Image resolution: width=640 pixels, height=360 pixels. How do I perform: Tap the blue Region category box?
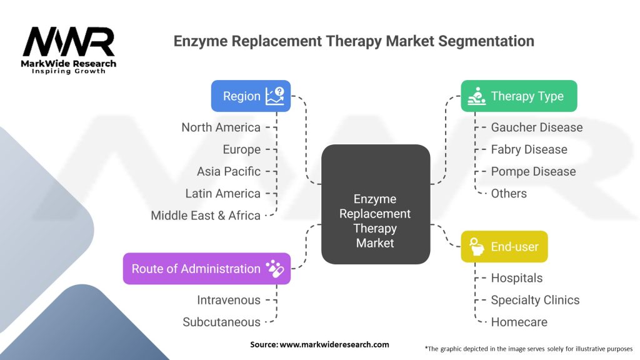click(251, 96)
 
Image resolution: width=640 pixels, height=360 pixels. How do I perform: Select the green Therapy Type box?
click(519, 96)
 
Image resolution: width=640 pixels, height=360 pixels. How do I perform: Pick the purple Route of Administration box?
click(207, 269)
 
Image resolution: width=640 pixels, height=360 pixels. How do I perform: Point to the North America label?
click(221, 127)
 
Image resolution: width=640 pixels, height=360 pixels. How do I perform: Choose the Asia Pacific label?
click(228, 171)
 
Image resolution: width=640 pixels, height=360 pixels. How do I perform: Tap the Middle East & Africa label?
click(205, 216)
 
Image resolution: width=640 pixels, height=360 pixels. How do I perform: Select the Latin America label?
click(222, 194)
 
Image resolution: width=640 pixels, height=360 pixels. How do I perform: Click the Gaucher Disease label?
click(536, 127)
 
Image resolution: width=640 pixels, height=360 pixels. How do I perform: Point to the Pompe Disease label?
click(533, 171)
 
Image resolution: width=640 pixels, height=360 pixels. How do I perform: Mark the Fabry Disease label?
click(529, 149)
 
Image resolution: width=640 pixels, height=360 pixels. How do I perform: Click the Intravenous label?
click(228, 300)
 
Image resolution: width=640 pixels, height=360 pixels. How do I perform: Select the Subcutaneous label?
click(221, 322)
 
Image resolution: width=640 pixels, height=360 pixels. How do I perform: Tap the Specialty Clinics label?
click(535, 300)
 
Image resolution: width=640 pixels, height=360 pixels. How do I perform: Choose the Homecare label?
click(519, 322)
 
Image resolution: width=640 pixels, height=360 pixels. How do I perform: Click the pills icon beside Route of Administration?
click(274, 269)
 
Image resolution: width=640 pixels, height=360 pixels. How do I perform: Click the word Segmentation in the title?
click(481, 41)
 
